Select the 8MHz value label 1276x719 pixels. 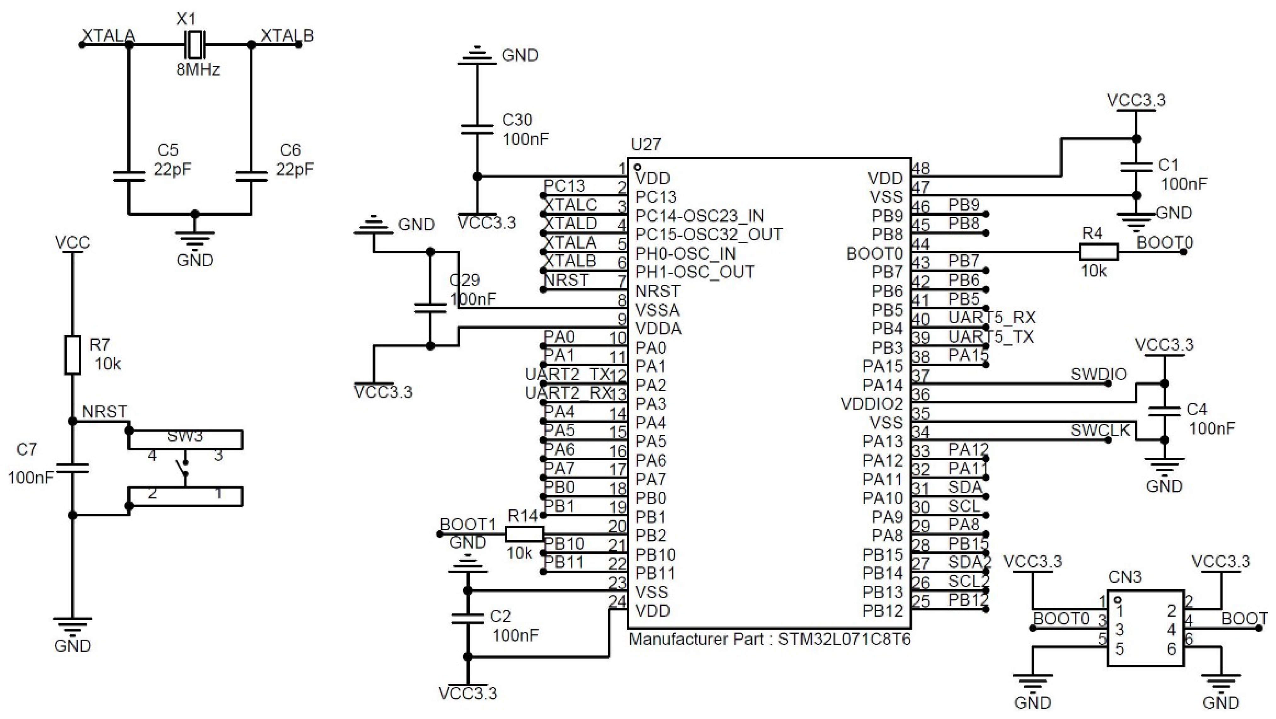point(197,69)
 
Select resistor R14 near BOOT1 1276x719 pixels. point(524,534)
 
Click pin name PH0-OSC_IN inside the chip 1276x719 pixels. point(685,253)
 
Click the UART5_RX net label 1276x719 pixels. point(992,317)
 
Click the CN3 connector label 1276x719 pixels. point(1124,577)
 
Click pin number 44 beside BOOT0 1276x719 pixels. point(920,244)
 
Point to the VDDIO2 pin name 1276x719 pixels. point(872,404)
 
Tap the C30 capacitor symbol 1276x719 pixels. point(477,130)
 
